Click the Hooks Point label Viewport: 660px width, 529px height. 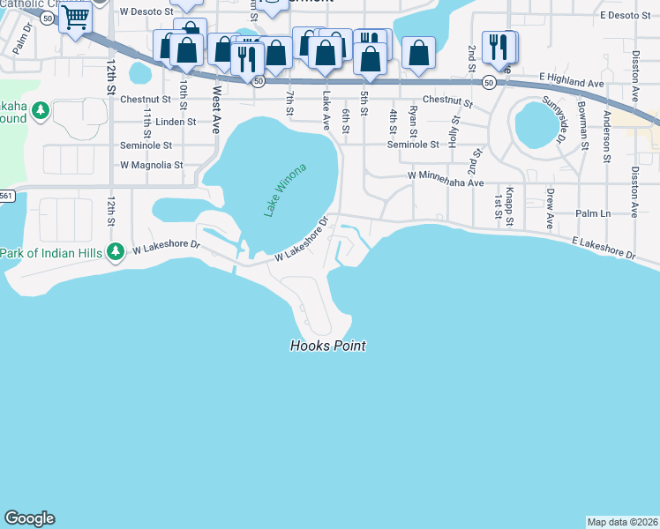[x=328, y=346]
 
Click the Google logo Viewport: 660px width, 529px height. [x=29, y=518]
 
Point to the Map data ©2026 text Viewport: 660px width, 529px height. [x=622, y=522]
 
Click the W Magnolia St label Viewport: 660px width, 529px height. [x=151, y=165]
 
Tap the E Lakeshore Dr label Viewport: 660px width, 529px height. [x=604, y=247]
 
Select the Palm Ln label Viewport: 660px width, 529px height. [x=593, y=214]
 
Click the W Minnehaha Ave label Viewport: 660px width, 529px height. [x=446, y=179]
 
